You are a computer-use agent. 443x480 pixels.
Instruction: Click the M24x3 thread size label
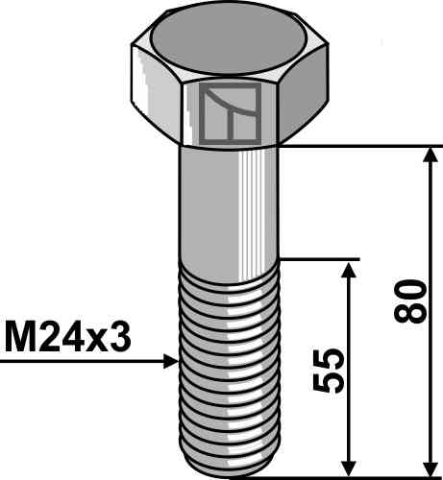pyautogui.click(x=67, y=338)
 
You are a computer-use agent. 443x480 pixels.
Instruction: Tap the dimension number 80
pyautogui.click(x=410, y=300)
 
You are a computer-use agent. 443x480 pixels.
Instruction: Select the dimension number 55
pyautogui.click(x=328, y=371)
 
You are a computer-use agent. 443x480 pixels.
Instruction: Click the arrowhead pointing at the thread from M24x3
pyautogui.click(x=171, y=361)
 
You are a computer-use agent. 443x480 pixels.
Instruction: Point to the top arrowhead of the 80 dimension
pyautogui.click(x=431, y=156)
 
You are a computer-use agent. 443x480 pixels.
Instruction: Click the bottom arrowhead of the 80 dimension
pyautogui.click(x=431, y=468)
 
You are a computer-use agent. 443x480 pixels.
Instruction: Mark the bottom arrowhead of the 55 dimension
pyautogui.click(x=349, y=468)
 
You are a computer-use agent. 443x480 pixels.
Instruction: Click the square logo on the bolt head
pyautogui.click(x=230, y=114)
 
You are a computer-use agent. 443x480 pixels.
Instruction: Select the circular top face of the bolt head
pyautogui.click(x=229, y=41)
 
